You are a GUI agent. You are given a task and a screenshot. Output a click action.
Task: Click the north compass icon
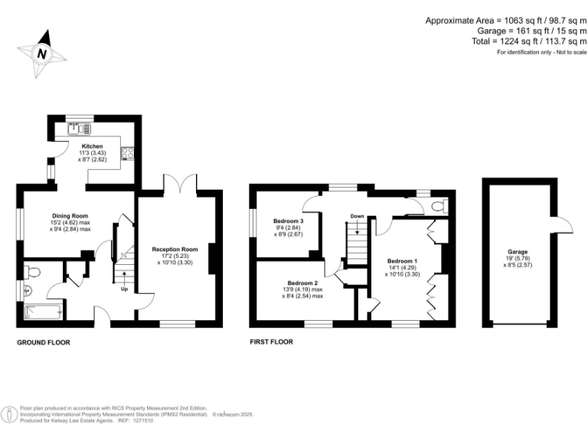(42, 53)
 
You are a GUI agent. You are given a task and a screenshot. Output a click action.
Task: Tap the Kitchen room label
(92, 145)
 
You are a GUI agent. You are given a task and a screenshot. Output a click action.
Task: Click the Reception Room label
(175, 250)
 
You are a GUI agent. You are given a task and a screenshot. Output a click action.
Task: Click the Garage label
(518, 252)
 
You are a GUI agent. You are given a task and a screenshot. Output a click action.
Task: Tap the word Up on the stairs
(124, 289)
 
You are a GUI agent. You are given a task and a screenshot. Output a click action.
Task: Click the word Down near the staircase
(357, 217)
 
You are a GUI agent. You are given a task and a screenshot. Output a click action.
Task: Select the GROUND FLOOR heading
(45, 343)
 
